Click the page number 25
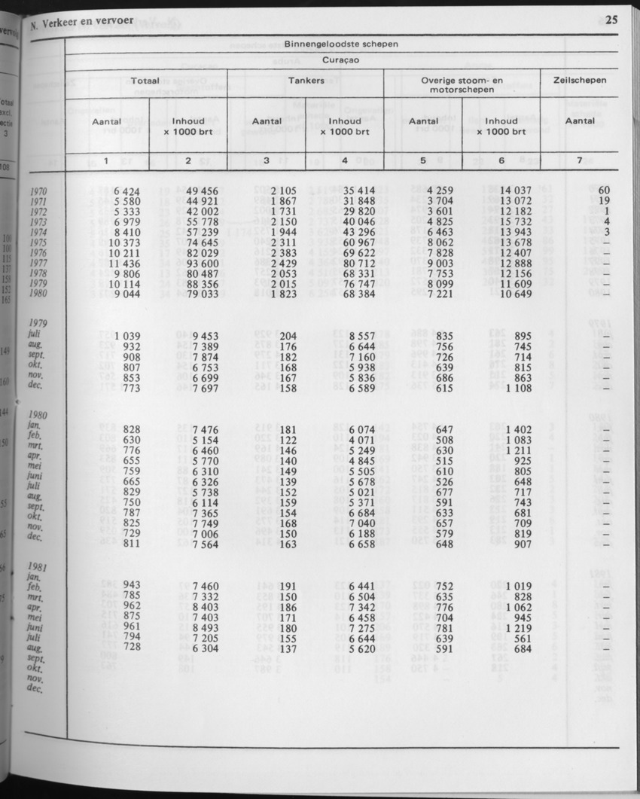click(610, 20)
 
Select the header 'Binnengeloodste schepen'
click(341, 44)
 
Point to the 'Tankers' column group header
click(306, 79)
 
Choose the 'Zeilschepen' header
click(579, 79)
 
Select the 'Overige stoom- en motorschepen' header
click(462, 84)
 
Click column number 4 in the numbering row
click(344, 160)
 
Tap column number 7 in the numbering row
click(579, 160)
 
